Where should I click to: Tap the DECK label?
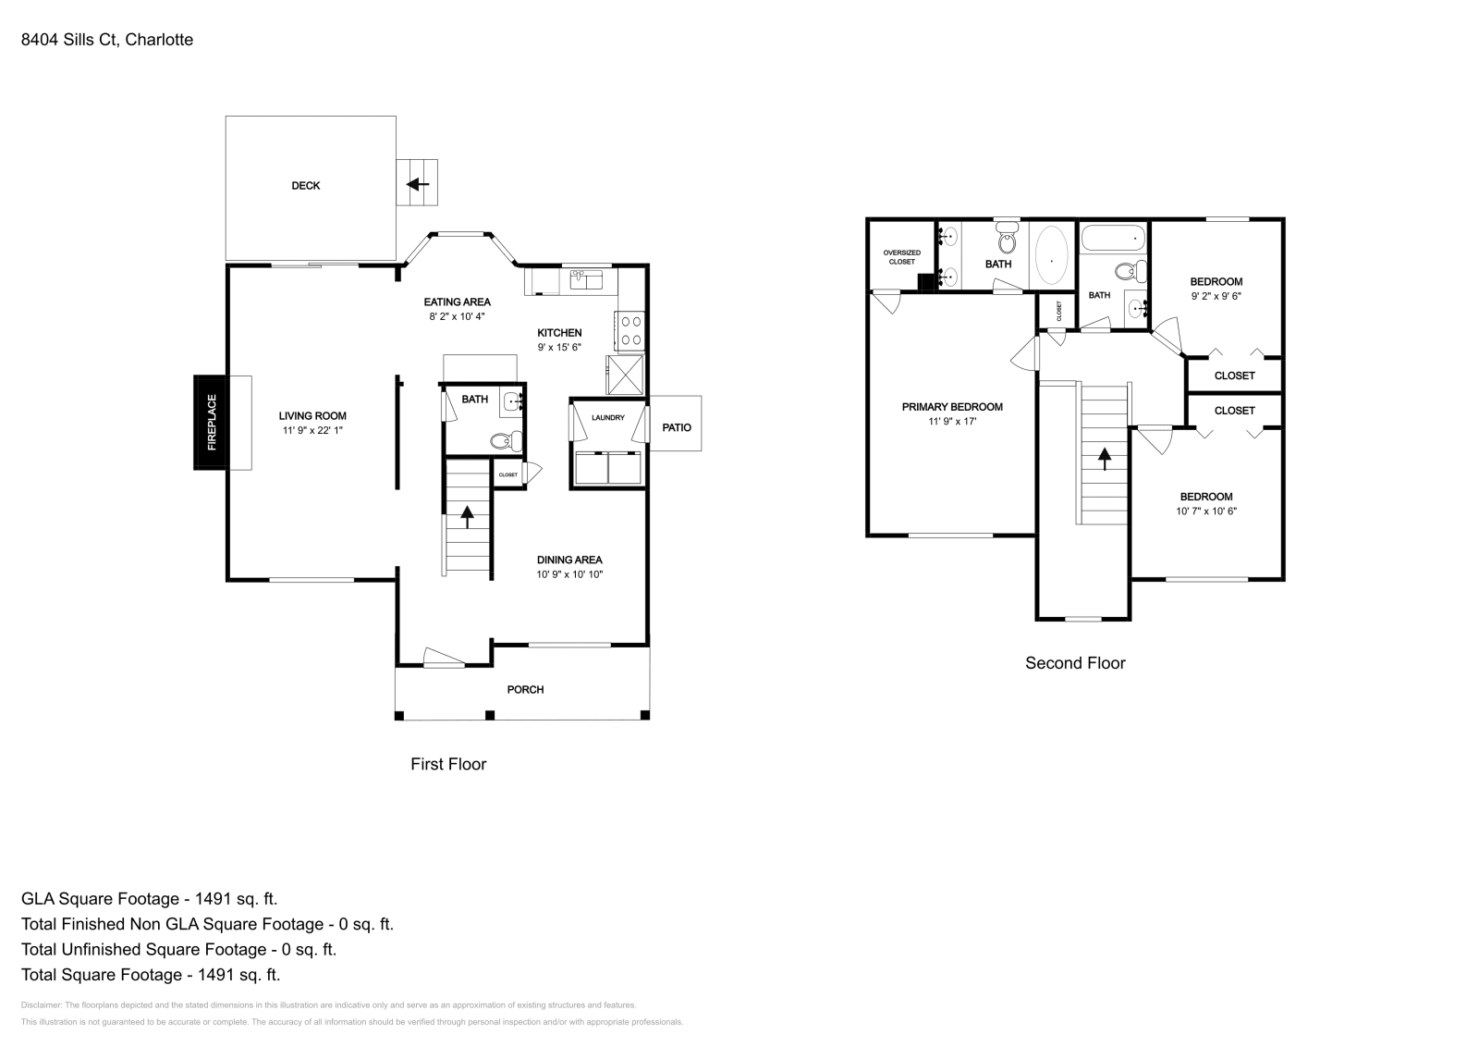(306, 186)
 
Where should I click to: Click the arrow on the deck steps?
(419, 184)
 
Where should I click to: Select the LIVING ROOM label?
(312, 416)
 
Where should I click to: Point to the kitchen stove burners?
(630, 330)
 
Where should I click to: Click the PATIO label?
(677, 427)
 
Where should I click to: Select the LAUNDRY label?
(608, 418)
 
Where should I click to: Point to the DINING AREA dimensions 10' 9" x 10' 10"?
(569, 574)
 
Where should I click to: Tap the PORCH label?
(525, 690)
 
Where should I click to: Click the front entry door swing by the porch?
(443, 658)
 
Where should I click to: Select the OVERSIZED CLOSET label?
(901, 257)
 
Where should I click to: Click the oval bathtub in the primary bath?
(1052, 255)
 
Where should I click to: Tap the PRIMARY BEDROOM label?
(952, 407)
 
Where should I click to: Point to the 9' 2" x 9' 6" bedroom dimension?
(1216, 297)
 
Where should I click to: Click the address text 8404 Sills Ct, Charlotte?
(107, 40)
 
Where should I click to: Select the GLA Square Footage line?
(149, 898)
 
